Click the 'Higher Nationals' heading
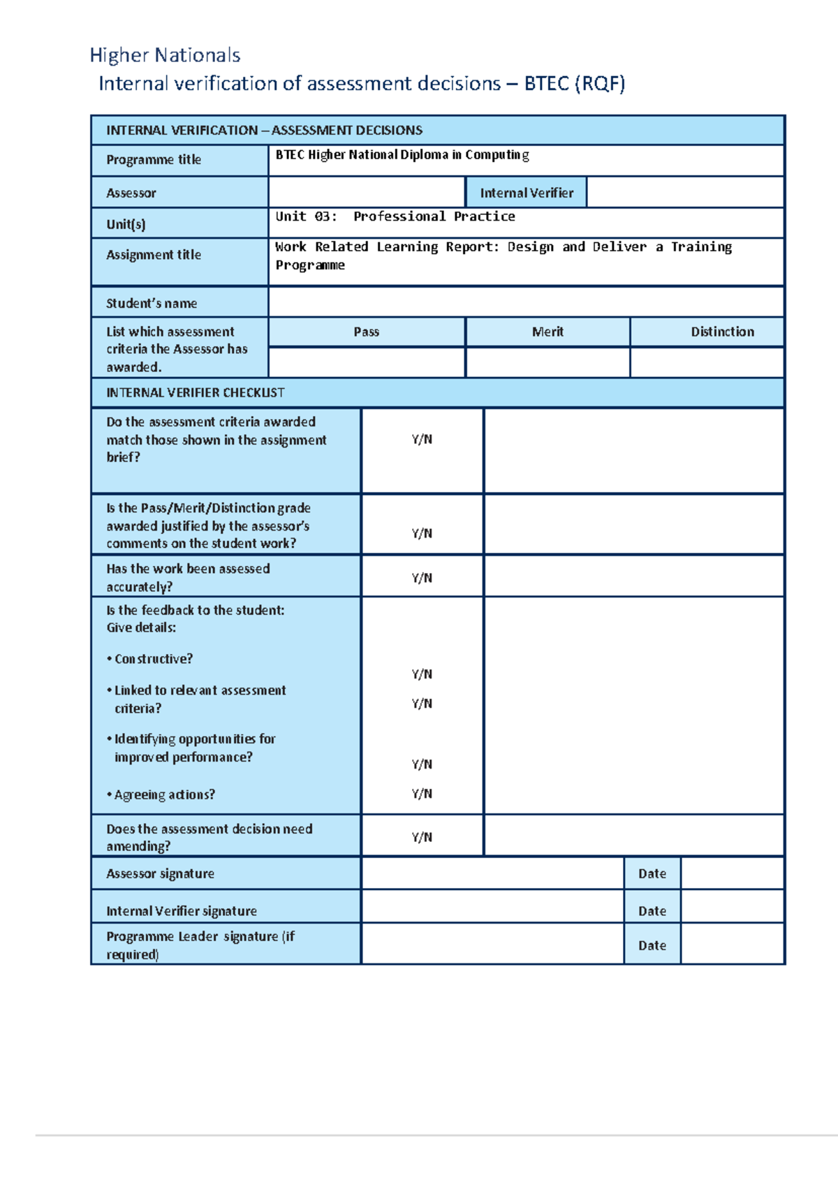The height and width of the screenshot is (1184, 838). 165,55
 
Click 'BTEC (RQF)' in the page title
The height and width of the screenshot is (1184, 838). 574,84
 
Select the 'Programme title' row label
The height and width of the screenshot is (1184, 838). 154,160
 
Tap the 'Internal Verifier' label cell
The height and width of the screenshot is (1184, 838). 527,193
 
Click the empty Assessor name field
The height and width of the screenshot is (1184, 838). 367,193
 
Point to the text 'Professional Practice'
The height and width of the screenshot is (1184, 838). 434,216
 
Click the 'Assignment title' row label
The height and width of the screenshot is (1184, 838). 154,255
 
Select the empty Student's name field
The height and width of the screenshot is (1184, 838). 526,302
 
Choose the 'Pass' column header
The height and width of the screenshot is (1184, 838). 367,332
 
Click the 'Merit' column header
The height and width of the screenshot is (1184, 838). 547,332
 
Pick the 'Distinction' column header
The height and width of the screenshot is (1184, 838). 722,332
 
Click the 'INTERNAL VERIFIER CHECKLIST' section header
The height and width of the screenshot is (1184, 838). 195,392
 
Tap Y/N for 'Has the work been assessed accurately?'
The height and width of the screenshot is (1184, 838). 422,577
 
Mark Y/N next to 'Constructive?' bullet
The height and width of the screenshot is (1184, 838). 422,674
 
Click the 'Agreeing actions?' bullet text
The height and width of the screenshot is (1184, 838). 165,794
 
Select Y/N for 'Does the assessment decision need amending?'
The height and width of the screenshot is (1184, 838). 422,836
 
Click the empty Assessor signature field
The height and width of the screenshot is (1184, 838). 492,873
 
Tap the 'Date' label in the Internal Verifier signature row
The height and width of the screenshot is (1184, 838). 652,911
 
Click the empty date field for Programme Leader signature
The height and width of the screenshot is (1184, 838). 732,945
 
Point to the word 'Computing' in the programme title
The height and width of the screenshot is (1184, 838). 497,155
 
